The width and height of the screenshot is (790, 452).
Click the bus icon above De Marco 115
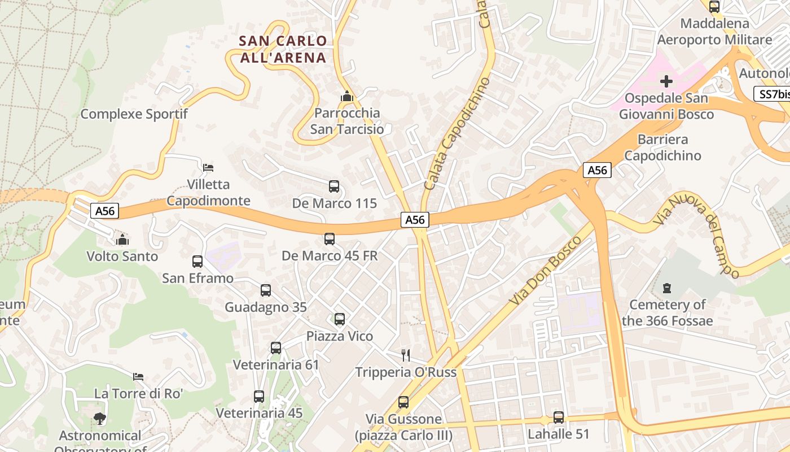point(333,186)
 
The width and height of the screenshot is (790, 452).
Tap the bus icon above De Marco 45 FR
point(330,239)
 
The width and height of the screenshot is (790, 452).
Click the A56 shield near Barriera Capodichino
point(597,170)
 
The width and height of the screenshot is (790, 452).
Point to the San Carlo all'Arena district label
point(283,49)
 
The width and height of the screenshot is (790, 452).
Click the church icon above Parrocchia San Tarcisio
point(347,97)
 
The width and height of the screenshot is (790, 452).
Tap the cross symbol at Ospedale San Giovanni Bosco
point(666,81)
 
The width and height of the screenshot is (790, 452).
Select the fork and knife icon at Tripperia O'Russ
point(406,355)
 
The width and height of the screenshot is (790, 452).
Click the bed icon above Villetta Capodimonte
point(208,168)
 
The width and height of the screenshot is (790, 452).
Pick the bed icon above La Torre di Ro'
point(138,376)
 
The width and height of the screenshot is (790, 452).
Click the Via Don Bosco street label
point(545,271)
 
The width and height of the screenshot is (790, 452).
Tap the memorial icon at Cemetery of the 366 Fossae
point(668,288)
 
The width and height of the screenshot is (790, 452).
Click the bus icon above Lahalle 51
point(558,418)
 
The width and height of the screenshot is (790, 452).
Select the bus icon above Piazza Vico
point(339,319)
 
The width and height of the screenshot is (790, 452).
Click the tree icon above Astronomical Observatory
point(100,419)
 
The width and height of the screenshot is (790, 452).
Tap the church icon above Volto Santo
point(122,240)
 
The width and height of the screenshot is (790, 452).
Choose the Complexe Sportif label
point(134,114)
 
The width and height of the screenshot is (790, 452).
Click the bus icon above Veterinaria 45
point(259,397)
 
